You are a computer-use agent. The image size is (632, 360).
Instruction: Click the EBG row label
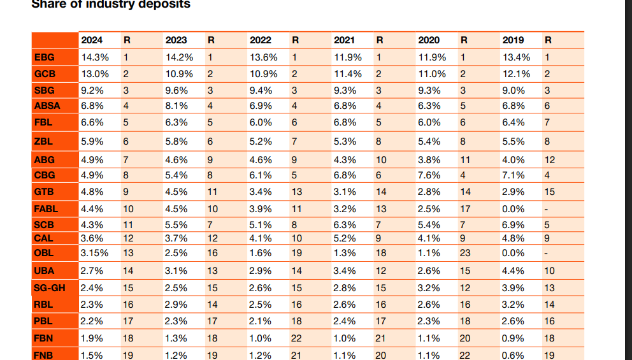tap(44, 57)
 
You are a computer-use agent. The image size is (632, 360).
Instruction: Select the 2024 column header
tap(92, 40)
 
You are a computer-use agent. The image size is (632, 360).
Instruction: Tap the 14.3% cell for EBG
tap(95, 57)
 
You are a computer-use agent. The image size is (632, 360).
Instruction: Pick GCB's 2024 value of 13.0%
tap(95, 74)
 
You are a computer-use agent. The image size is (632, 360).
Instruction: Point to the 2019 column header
tap(513, 40)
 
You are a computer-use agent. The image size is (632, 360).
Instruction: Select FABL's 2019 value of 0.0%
tap(513, 208)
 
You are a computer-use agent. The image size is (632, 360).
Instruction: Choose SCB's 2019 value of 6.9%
tap(513, 225)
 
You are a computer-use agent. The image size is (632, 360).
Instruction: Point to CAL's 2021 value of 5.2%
tap(345, 238)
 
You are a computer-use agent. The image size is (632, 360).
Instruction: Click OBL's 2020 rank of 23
tap(465, 253)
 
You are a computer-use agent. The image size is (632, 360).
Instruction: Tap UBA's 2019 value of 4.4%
tap(513, 271)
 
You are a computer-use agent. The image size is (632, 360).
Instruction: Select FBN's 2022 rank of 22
tap(296, 338)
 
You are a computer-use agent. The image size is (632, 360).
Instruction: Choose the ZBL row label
tap(43, 141)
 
